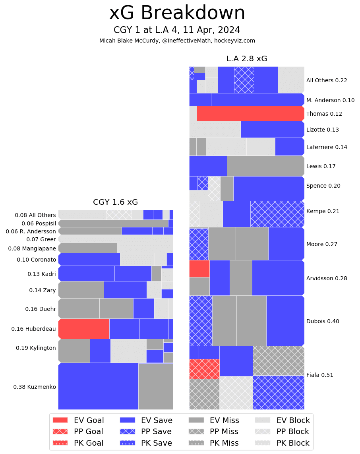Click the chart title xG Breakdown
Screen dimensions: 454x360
(x=177, y=13)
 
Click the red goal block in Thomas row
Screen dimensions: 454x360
(x=250, y=114)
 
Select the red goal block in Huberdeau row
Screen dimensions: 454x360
(x=84, y=328)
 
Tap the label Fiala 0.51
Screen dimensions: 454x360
(x=319, y=375)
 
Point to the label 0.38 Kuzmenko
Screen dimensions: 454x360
(x=35, y=387)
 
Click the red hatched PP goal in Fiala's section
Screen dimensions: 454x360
(x=204, y=369)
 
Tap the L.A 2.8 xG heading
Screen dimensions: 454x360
(x=247, y=59)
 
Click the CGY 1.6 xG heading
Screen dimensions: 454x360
(x=115, y=202)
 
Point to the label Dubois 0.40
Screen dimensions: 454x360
(x=323, y=321)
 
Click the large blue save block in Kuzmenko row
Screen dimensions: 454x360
(x=98, y=386)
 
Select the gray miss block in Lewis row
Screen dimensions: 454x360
(x=265, y=166)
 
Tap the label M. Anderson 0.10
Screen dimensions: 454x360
(x=330, y=100)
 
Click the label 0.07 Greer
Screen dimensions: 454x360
(x=41, y=239)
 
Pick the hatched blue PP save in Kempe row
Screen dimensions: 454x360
(x=277, y=214)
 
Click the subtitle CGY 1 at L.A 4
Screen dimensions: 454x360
(x=177, y=30)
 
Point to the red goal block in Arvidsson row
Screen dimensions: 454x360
(x=200, y=269)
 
